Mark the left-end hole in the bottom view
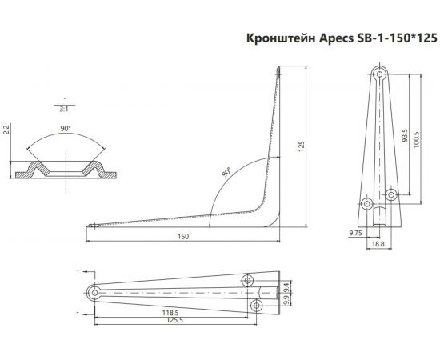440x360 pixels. coord(95,294)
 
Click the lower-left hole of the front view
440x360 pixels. coord(367,204)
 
